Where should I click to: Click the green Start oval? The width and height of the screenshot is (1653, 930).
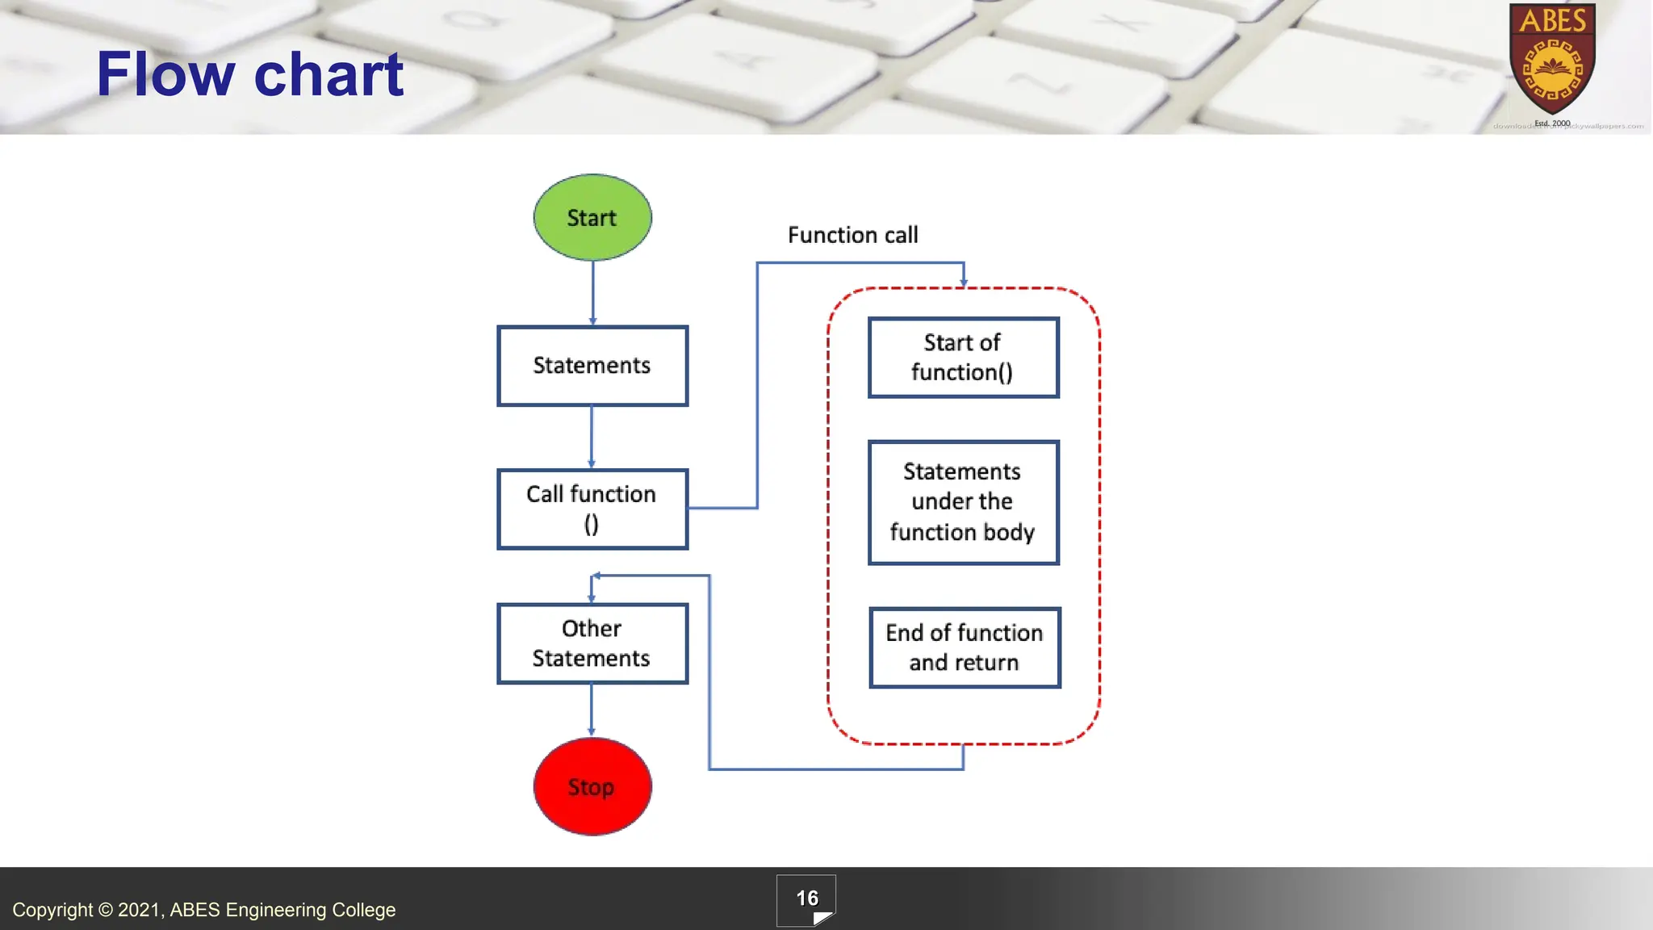point(592,217)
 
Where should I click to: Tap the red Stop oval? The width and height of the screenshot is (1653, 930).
point(592,786)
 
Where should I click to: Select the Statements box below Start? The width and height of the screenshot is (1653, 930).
point(592,366)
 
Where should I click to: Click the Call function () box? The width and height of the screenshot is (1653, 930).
point(592,509)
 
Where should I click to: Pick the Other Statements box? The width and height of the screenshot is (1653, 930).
point(592,643)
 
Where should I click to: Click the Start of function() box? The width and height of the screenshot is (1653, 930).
point(963,358)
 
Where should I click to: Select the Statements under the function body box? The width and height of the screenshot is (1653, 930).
point(963,502)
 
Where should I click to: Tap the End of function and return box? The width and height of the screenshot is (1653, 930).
point(965,647)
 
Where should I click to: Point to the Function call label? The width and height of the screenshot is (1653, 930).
point(852,235)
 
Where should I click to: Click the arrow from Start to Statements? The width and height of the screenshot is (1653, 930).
point(592,292)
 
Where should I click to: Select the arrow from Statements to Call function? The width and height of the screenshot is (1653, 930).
point(592,436)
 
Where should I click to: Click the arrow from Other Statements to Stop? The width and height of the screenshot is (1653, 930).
point(592,709)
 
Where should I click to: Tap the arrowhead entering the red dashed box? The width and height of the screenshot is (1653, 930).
point(964,282)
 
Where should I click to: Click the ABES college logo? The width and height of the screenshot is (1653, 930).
point(1552,61)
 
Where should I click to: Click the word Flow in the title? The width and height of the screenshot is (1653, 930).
point(165,74)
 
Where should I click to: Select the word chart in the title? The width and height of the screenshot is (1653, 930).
point(329,74)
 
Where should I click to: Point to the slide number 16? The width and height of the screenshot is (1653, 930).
point(806,899)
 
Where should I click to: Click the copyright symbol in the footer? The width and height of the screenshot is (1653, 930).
point(106,910)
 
